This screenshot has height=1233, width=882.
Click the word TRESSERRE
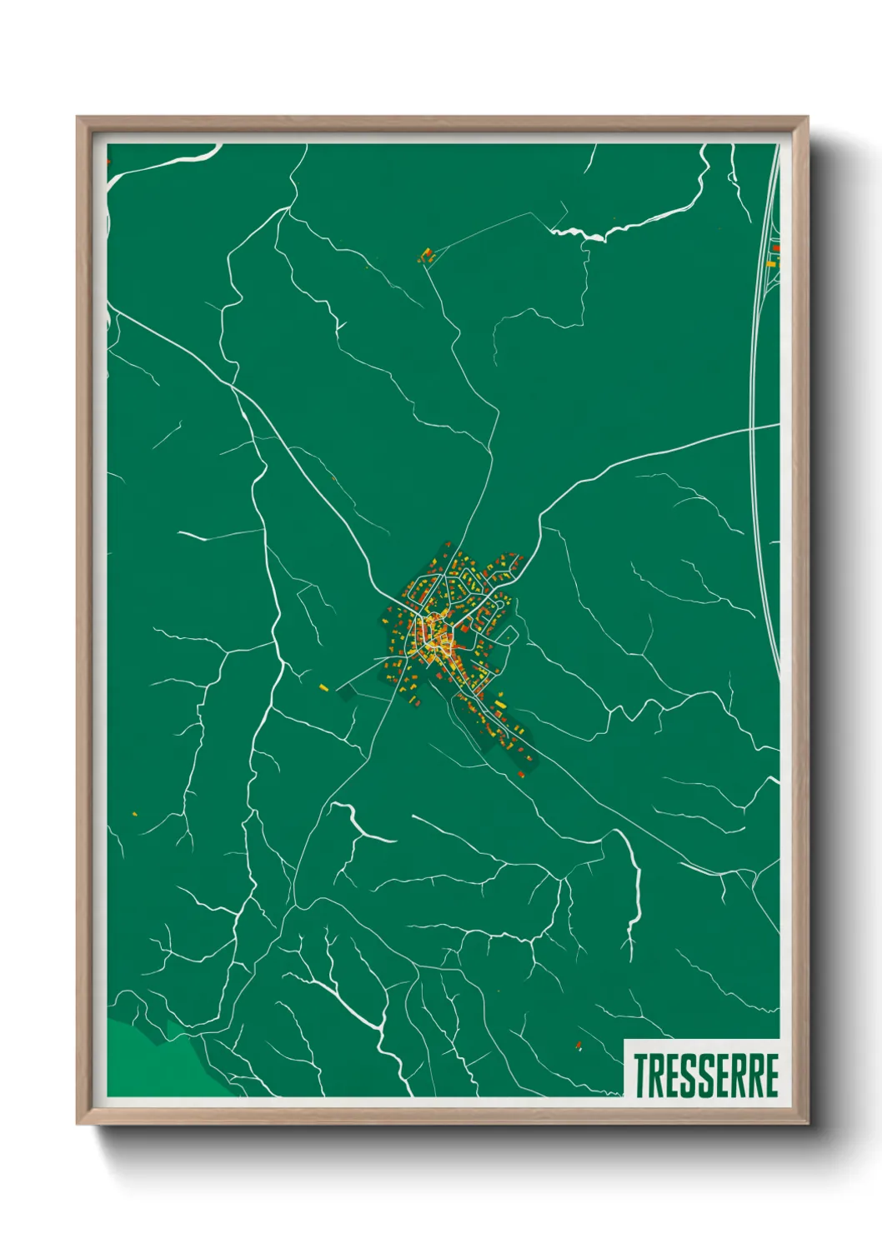pyautogui.click(x=706, y=1076)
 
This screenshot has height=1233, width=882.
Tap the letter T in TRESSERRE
pyautogui.click(x=640, y=1076)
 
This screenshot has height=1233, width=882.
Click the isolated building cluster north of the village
pyautogui.click(x=426, y=256)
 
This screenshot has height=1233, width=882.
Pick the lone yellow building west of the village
pyautogui.click(x=323, y=687)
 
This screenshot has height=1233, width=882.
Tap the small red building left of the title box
pyautogui.click(x=579, y=1045)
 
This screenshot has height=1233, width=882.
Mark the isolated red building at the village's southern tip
pyautogui.click(x=522, y=775)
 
